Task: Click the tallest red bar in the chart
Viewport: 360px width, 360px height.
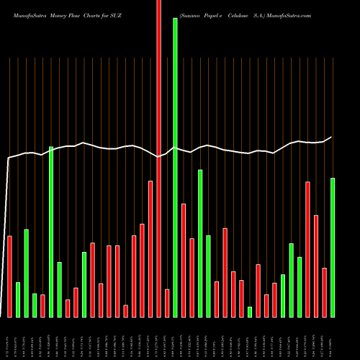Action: [158, 158]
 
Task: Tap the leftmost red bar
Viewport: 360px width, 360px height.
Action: [9, 276]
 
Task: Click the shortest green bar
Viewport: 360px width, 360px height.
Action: [250, 312]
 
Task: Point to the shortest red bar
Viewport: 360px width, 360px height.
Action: [125, 311]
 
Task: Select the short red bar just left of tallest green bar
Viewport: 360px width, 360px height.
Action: [167, 303]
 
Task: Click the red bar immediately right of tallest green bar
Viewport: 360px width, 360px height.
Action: [184, 261]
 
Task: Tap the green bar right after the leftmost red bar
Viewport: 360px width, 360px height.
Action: [18, 300]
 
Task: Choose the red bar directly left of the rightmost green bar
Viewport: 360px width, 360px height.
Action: [325, 292]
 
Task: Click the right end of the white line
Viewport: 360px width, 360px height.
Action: [332, 137]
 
